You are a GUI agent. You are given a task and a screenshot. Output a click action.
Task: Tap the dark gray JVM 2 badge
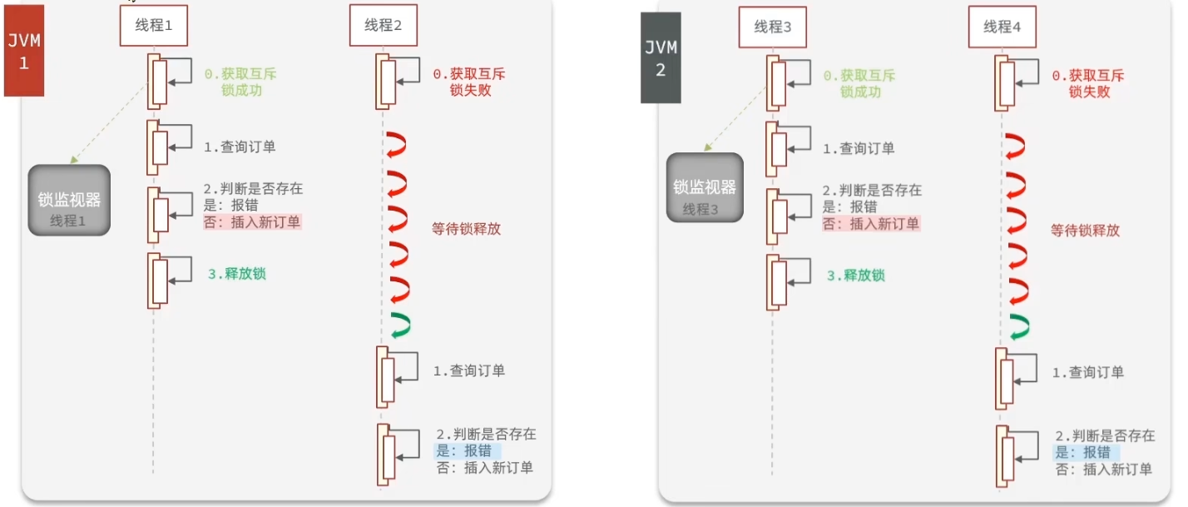pyautogui.click(x=661, y=58)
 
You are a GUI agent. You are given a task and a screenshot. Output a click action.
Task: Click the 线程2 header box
pyautogui.click(x=383, y=26)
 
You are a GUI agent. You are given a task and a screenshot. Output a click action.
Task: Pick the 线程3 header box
pyautogui.click(x=773, y=27)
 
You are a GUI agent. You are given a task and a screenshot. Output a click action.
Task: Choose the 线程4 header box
pyautogui.click(x=1002, y=27)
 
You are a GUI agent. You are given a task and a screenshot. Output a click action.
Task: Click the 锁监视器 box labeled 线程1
pyautogui.click(x=70, y=200)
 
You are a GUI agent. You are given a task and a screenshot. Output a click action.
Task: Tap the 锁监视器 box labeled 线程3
pyautogui.click(x=705, y=188)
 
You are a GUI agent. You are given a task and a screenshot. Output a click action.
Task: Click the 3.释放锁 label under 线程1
pyautogui.click(x=237, y=274)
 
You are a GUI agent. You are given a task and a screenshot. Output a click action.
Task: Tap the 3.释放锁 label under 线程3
pyautogui.click(x=855, y=275)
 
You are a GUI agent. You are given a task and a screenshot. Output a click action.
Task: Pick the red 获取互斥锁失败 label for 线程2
pyautogui.click(x=468, y=82)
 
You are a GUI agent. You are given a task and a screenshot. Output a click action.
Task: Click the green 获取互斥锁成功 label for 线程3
pyautogui.click(x=859, y=84)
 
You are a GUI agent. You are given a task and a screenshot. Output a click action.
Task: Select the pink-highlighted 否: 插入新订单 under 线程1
pyautogui.click(x=252, y=222)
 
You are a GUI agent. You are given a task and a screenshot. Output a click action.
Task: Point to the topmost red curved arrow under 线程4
pyautogui.click(x=1017, y=146)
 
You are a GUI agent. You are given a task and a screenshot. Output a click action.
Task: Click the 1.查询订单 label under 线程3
pyautogui.click(x=859, y=149)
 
